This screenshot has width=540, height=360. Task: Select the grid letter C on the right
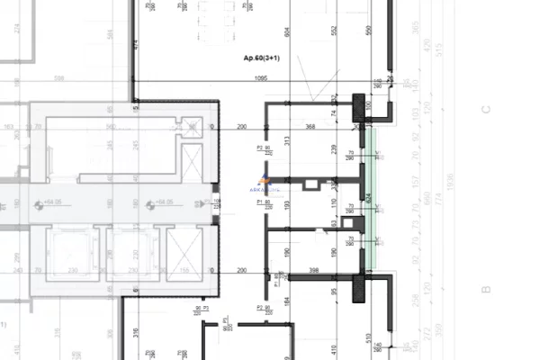point(485,111)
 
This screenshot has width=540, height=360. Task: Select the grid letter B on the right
point(485,289)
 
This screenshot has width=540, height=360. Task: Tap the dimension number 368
point(310,127)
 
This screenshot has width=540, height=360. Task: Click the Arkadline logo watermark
point(275,185)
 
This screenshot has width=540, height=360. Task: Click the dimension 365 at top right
point(440,26)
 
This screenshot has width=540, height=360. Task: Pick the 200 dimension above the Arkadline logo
point(241,127)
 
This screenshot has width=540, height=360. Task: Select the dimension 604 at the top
point(286,33)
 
